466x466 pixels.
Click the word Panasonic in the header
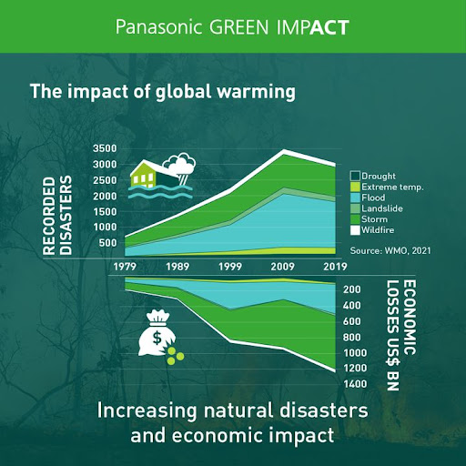158,27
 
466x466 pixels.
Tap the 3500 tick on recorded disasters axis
105,148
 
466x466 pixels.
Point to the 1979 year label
125,267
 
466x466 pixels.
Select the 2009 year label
282,267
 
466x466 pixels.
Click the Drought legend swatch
355,176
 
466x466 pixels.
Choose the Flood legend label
373,198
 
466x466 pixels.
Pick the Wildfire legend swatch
355,230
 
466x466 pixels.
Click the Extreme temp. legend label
392,187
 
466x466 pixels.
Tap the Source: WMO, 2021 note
390,250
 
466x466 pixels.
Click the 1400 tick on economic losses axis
355,384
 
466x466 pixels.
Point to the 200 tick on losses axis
352,289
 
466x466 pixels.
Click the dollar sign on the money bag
157,338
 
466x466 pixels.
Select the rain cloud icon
179,167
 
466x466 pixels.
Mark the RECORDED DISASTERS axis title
57,216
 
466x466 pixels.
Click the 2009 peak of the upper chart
284,150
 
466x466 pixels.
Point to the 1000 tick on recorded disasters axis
105,227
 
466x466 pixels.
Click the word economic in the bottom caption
216,436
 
